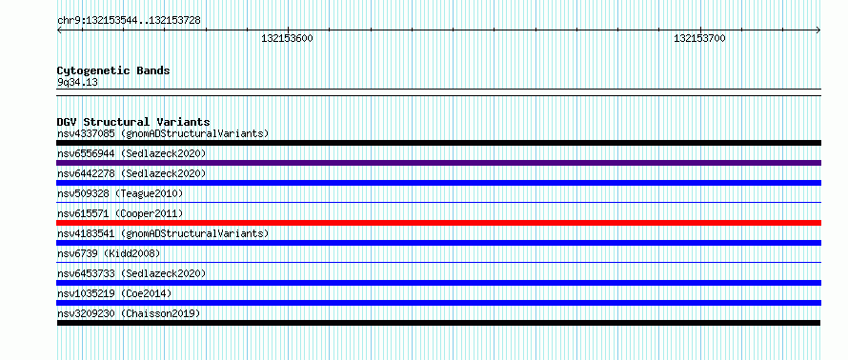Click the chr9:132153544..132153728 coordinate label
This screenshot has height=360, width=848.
(129, 21)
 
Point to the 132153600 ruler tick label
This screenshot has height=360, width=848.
(287, 38)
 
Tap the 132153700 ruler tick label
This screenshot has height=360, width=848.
(699, 38)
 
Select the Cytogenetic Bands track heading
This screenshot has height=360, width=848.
(113, 70)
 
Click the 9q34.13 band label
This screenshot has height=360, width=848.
(77, 83)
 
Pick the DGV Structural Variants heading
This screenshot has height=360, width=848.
(133, 122)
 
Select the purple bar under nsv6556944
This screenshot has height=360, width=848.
(438, 163)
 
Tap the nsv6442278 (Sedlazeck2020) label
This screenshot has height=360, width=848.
(131, 173)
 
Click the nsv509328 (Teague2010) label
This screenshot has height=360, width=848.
(120, 193)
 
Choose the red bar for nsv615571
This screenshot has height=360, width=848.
(438, 223)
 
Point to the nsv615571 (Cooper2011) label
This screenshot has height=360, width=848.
(120, 213)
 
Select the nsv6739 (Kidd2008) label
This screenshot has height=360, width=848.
(109, 253)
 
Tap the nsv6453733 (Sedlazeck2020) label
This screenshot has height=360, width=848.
(131, 273)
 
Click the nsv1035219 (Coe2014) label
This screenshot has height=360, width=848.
(114, 293)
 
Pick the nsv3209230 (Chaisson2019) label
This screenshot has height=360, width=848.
(129, 313)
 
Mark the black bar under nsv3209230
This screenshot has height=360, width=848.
(438, 323)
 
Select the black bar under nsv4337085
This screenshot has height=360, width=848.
(438, 143)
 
